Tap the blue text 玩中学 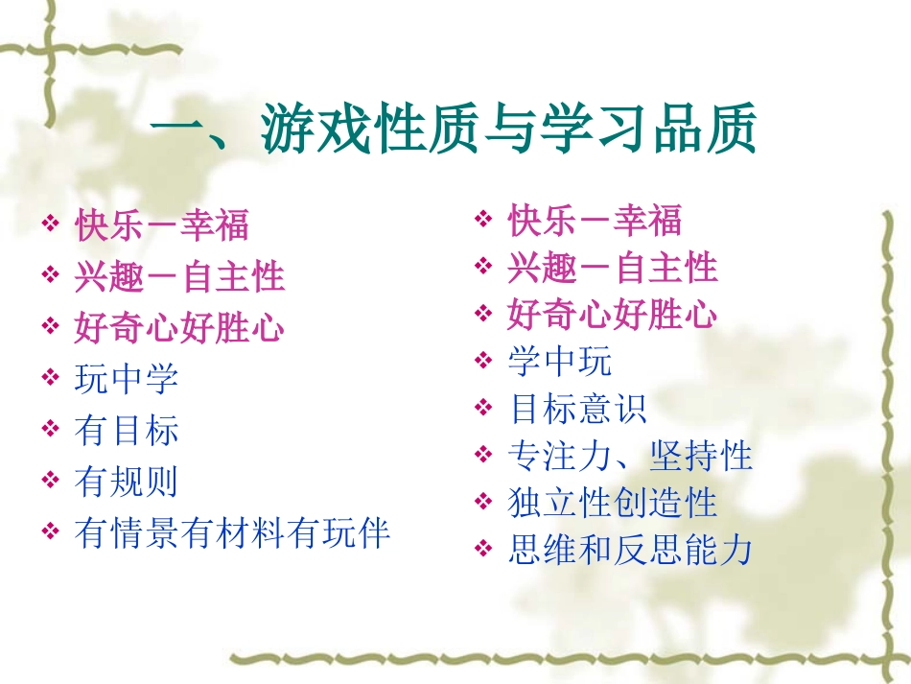[127, 379]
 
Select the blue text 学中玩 [559, 362]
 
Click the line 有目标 [127, 430]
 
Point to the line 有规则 [127, 482]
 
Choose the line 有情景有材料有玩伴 [232, 532]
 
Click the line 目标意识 [577, 409]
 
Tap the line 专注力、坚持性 [630, 456]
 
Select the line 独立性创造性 [612, 503]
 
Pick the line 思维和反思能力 [630, 551]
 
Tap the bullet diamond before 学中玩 [483, 362]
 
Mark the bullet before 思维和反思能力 [483, 551]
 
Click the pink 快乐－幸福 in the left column [161, 225]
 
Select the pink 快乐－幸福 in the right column [595, 222]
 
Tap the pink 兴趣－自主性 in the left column [179, 277]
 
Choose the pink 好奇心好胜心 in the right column [612, 315]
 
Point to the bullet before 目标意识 [483, 409]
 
